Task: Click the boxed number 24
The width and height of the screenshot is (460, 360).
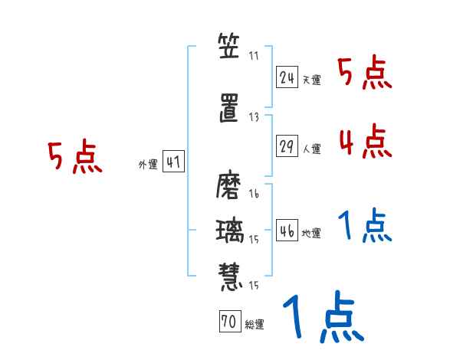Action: pos(287,77)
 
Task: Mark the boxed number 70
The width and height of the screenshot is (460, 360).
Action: pos(228,322)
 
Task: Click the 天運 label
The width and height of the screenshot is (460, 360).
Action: pos(312,79)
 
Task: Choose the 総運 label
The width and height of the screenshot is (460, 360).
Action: pos(254,325)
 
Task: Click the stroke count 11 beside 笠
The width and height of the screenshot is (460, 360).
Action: pos(255,55)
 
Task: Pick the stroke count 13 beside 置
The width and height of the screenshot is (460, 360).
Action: pos(255,117)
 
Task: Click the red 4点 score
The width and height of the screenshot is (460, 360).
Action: pos(363,141)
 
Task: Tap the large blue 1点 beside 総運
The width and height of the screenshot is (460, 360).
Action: pos(322,318)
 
